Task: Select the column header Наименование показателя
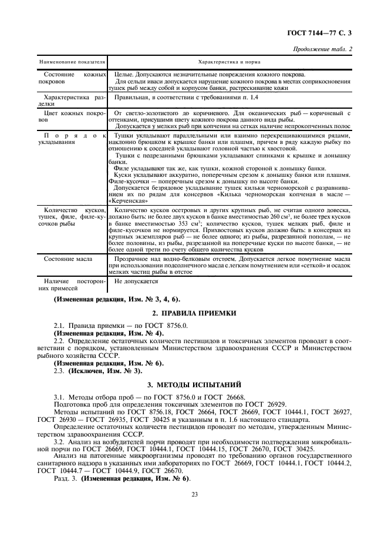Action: (x=72, y=61)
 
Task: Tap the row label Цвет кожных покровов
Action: (x=72, y=116)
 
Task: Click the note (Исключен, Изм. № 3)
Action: (x=106, y=371)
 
